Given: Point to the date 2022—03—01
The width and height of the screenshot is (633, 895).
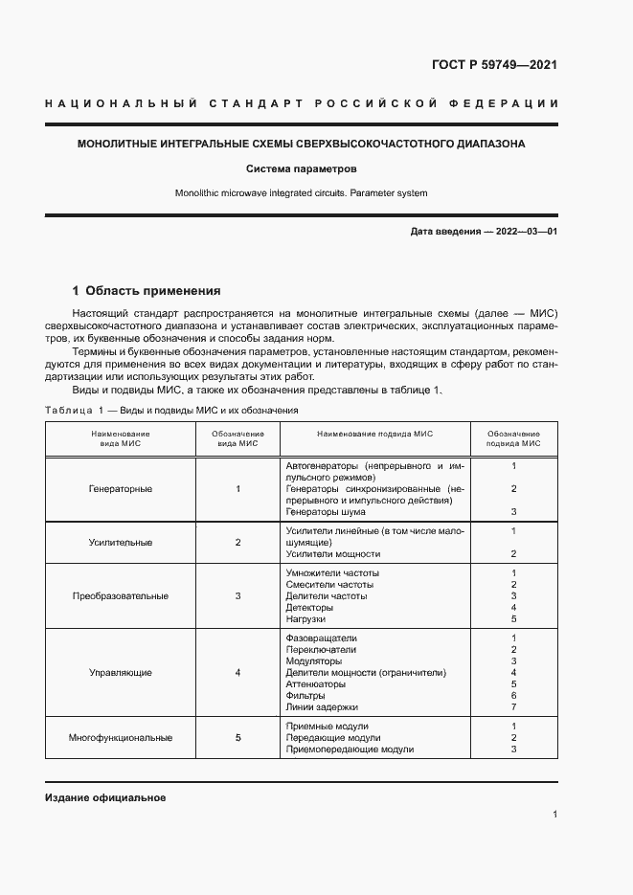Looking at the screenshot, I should [x=525, y=232].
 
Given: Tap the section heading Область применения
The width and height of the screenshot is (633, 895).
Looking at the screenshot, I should [x=153, y=290].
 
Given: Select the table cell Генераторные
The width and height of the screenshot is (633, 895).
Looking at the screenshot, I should [x=120, y=489].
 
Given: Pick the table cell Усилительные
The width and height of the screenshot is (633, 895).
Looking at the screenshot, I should [x=120, y=543].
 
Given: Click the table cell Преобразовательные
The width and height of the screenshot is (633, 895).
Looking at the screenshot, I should [x=120, y=596].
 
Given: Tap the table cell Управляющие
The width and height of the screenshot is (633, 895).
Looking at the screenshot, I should [x=120, y=673].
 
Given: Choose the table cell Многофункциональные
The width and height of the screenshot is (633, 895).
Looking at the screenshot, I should [x=120, y=738].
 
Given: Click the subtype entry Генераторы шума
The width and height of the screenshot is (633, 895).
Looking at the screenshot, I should [x=326, y=512].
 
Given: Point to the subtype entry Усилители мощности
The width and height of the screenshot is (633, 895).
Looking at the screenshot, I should [x=332, y=554].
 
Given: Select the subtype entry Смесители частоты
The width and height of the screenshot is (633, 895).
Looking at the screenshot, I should [x=329, y=585].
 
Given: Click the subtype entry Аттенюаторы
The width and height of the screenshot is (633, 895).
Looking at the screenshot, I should [x=315, y=684].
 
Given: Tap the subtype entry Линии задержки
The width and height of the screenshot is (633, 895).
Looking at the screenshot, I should [x=322, y=707].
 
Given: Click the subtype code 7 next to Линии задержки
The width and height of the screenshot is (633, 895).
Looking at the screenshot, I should [x=513, y=707].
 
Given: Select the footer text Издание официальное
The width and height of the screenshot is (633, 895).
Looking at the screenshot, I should [x=105, y=797].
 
